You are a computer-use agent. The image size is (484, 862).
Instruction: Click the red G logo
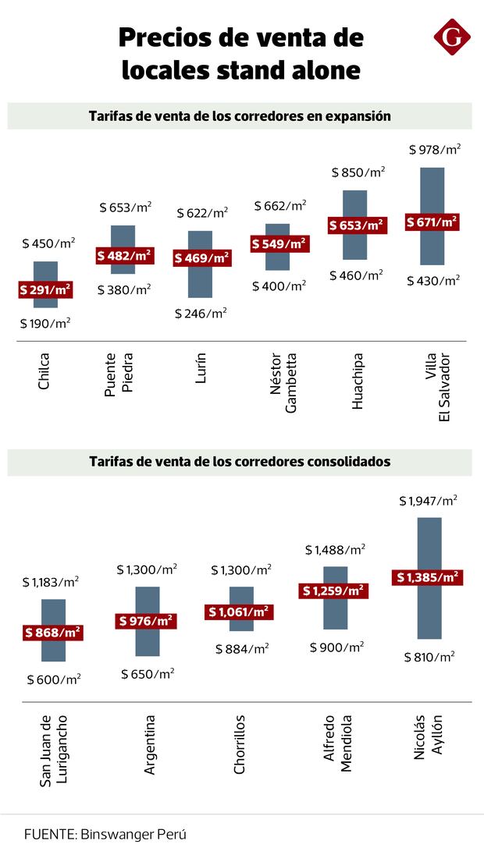[x=452, y=37]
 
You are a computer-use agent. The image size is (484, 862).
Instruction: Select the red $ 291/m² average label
[x=45, y=289]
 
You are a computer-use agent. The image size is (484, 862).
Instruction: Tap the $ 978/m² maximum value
[x=435, y=149]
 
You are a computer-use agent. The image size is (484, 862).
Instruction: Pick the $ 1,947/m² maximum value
[x=428, y=500]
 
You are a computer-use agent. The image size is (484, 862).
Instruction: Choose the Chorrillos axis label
[x=240, y=744]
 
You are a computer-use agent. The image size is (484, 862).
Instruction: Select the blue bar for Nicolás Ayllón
[x=429, y=616]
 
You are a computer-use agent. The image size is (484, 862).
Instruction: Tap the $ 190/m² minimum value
[x=45, y=322]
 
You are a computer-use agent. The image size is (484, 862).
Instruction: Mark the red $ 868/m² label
[x=53, y=632]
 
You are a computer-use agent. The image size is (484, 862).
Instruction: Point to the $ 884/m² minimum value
[x=243, y=647]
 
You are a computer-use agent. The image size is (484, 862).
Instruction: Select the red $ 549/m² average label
[x=279, y=243]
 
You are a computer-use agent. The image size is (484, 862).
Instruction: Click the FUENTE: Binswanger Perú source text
[x=105, y=834]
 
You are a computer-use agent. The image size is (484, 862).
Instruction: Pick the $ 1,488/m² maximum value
[x=335, y=550]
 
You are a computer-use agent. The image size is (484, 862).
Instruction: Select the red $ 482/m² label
[x=124, y=255]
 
